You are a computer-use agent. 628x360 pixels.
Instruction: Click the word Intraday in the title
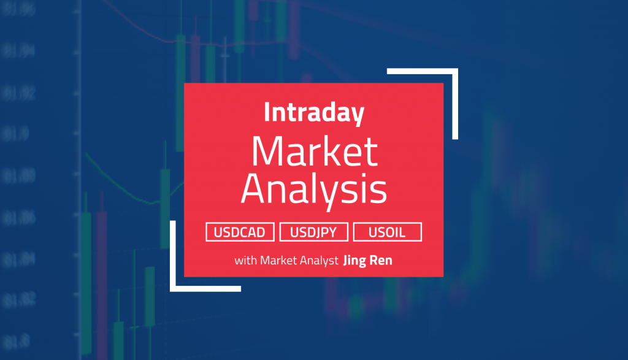pyautogui.click(x=314, y=113)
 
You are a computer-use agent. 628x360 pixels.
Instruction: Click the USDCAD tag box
pyautogui.click(x=240, y=232)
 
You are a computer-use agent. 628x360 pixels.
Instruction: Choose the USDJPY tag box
pyautogui.click(x=314, y=232)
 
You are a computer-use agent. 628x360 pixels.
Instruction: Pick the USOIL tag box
pyautogui.click(x=387, y=232)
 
